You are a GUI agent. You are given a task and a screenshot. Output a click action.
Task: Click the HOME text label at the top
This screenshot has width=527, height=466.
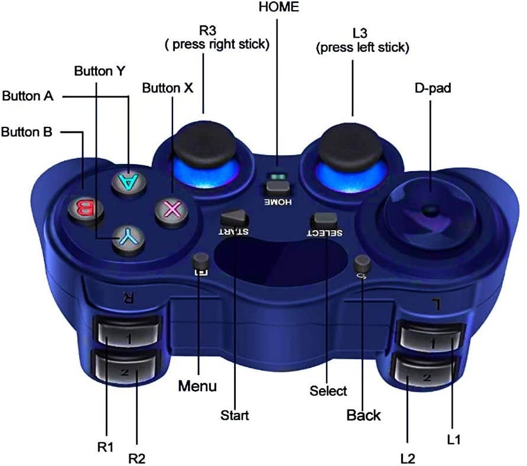[x=279, y=7]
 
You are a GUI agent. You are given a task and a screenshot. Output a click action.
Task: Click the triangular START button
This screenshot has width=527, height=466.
[x=235, y=218]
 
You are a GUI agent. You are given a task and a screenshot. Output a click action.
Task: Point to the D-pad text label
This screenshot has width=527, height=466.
[x=430, y=88]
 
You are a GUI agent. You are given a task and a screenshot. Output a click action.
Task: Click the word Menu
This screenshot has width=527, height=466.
[x=197, y=386]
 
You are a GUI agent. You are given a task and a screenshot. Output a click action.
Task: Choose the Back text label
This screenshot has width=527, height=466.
[x=363, y=415]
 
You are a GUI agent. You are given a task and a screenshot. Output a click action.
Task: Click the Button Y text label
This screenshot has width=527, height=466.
[x=100, y=71]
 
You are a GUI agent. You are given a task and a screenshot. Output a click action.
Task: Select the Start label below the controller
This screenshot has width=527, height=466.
[x=235, y=415]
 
